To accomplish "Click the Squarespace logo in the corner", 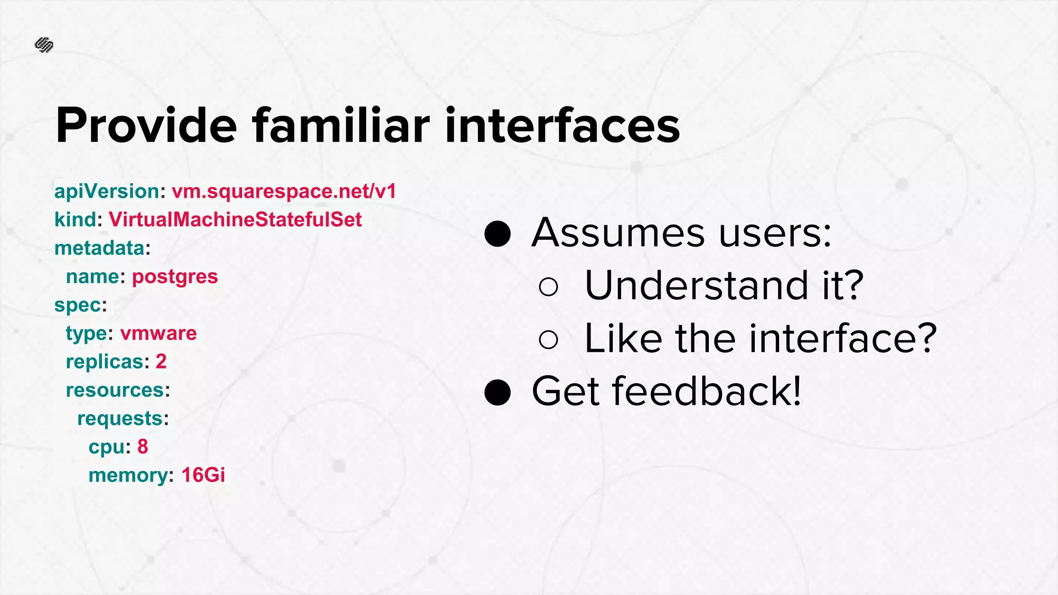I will [x=44, y=45].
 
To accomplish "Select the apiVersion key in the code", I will [x=106, y=192].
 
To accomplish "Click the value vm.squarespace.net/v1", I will [x=284, y=192].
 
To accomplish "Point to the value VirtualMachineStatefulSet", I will [x=235, y=220].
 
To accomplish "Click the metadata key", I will [x=99, y=248].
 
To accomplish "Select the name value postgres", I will [x=175, y=277].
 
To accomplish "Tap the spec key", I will [x=77, y=305].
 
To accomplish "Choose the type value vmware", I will [x=159, y=334].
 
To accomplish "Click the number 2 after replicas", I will [x=161, y=362].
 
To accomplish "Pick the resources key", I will [x=115, y=390].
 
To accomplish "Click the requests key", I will [x=120, y=418].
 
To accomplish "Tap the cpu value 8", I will [x=143, y=447].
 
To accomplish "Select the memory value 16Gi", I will [x=203, y=475].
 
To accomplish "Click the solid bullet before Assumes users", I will [x=497, y=234].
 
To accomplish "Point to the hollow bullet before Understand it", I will [x=548, y=287].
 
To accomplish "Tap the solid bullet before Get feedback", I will [x=497, y=393].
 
